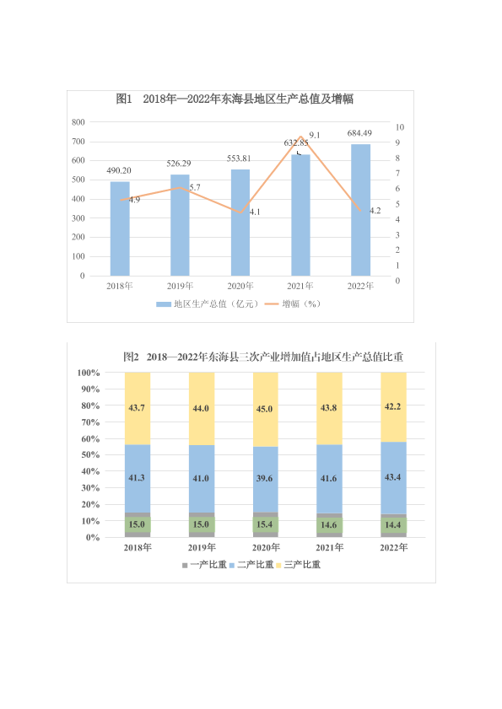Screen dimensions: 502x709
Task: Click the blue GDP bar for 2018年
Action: coord(120,228)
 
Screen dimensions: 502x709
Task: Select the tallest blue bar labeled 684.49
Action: coord(361,210)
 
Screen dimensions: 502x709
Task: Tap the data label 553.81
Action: coord(239,158)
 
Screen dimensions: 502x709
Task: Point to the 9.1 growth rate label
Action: coord(314,135)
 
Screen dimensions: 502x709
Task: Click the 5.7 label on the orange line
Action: coord(195,188)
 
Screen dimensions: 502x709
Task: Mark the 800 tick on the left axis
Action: coord(78,122)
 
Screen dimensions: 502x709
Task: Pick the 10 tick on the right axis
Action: coord(399,127)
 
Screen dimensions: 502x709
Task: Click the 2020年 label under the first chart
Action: coord(240,286)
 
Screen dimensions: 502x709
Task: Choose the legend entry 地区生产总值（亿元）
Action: coord(208,303)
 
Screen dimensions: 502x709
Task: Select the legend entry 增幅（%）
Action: coord(293,303)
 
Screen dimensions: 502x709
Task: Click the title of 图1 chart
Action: coord(235,99)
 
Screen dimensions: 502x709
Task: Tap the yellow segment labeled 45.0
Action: coord(265,410)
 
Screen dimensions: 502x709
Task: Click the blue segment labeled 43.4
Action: coord(393,478)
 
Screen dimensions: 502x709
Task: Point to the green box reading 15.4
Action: coord(265,524)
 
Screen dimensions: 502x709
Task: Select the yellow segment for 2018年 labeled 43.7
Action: coord(138,409)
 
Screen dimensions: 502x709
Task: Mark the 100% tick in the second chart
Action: coord(89,373)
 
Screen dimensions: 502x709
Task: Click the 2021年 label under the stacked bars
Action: coord(330,548)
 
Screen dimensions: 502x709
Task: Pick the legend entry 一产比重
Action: coord(204,565)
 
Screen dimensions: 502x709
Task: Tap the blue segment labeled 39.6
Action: coord(265,480)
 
